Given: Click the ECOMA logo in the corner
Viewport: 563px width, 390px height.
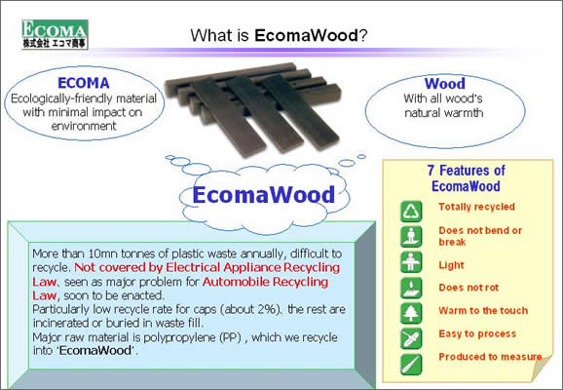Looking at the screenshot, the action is [x=55, y=34].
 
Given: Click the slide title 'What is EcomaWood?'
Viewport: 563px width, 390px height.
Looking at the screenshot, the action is [x=279, y=35].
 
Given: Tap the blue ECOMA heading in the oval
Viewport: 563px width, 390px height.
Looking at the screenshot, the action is [x=84, y=83].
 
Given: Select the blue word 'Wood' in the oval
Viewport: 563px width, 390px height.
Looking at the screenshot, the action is [x=444, y=84].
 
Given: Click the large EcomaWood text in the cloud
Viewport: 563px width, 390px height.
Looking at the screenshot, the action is [x=264, y=194].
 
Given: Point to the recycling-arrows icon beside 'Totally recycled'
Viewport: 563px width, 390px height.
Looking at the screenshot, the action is [x=411, y=211].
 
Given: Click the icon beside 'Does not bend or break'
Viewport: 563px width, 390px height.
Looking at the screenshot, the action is [x=411, y=237].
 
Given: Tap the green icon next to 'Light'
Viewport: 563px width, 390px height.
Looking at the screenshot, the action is [x=411, y=262].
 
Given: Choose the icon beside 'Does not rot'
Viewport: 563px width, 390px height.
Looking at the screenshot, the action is [x=411, y=288].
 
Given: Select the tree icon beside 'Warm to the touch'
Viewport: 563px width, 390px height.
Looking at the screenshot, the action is [x=411, y=313].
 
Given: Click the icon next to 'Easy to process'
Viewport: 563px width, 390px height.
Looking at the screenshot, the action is [x=411, y=338].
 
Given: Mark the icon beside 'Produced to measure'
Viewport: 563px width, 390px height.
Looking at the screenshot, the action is [x=411, y=364].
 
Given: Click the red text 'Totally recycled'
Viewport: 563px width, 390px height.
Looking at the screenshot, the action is [x=477, y=207].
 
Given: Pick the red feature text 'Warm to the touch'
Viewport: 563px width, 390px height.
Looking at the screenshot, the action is [x=483, y=310].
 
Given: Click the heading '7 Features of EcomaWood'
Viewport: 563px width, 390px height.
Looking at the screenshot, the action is [x=466, y=178].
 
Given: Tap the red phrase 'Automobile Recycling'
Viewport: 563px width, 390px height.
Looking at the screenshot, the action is [x=265, y=282].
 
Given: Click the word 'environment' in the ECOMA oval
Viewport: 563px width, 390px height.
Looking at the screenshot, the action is [x=84, y=126].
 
